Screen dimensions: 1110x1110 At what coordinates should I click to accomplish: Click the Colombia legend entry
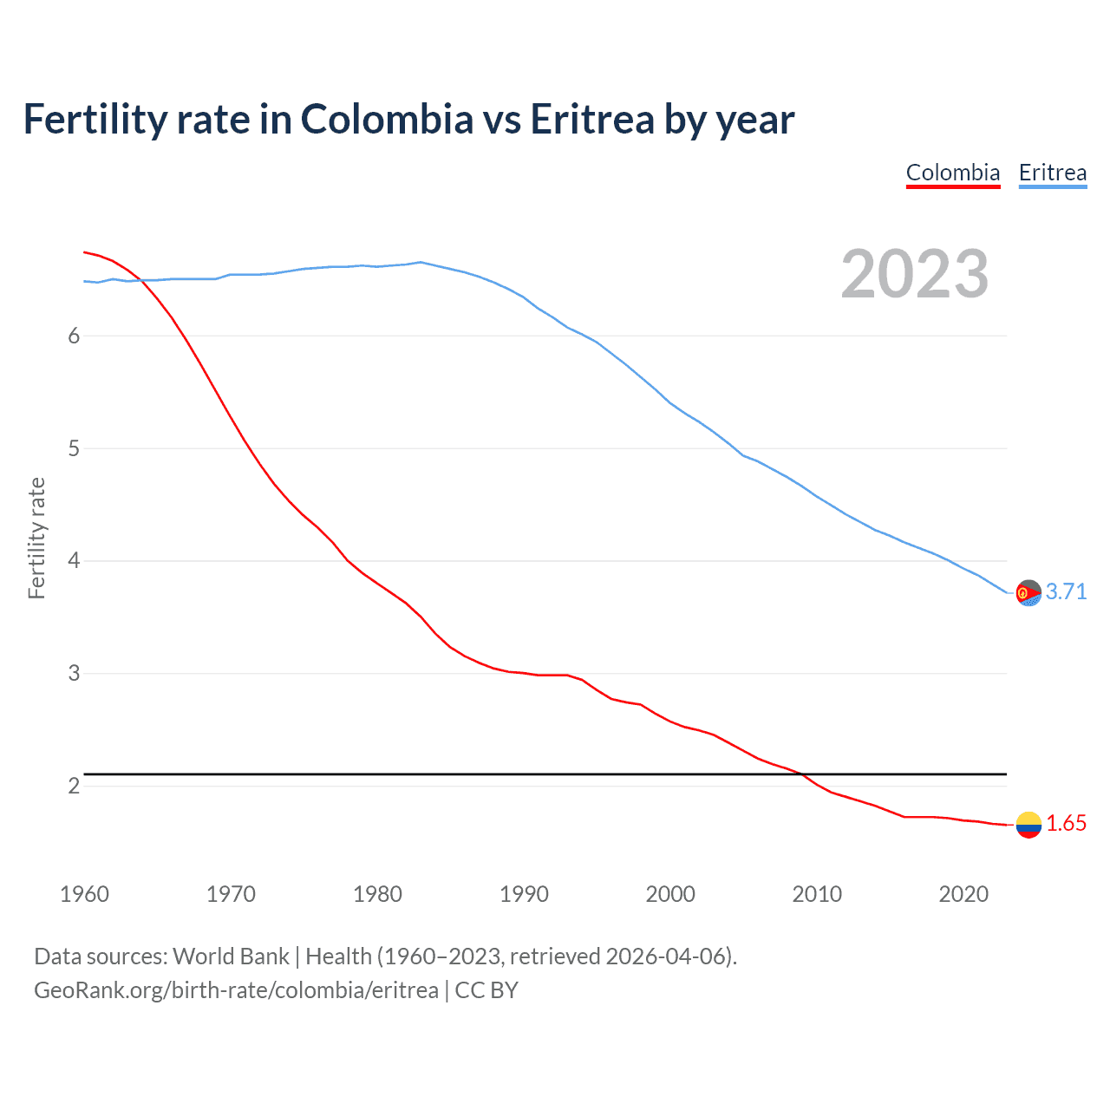tap(953, 173)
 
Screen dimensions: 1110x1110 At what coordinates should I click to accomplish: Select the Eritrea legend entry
tap(1052, 173)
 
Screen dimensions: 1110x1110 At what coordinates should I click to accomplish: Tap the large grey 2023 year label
tap(915, 274)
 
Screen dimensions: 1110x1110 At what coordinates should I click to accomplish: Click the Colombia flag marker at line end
tap(1028, 825)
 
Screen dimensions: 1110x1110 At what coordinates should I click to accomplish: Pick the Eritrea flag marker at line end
tap(1028, 593)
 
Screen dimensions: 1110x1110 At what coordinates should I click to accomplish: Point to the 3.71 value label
tap(1066, 591)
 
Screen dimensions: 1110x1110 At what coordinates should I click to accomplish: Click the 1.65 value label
tap(1066, 824)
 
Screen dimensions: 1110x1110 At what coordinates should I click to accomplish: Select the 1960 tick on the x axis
tap(84, 894)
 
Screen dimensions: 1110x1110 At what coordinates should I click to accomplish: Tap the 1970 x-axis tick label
tap(231, 894)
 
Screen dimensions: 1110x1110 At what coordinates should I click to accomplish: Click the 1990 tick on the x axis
tap(524, 894)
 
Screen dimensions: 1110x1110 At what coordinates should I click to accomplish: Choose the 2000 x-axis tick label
tap(670, 894)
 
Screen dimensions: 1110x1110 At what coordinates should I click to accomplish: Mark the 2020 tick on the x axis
tap(963, 894)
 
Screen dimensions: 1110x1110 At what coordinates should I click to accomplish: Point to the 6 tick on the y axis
tap(74, 336)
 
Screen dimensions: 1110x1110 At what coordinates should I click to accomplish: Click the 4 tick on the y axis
tap(74, 561)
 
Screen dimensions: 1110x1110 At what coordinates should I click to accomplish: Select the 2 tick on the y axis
tap(74, 786)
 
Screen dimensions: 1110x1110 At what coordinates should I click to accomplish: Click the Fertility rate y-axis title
tap(36, 538)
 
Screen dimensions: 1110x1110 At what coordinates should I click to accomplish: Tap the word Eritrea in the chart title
tap(591, 120)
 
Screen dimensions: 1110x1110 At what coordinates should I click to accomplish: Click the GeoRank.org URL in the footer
tap(236, 990)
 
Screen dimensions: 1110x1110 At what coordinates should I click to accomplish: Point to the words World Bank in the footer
tap(231, 957)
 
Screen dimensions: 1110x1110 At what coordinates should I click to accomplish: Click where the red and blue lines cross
tap(140, 279)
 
